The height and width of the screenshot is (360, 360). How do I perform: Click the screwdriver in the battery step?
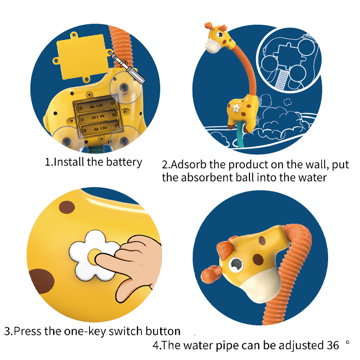(x=126, y=67)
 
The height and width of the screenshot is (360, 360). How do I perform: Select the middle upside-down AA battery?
(x=98, y=117)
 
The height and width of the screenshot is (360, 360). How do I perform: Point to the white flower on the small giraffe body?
(x=236, y=108)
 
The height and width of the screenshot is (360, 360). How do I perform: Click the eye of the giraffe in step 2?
(x=220, y=35)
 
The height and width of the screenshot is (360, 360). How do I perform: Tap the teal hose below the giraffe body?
(x=240, y=135)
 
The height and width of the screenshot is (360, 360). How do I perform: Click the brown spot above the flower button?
(x=67, y=207)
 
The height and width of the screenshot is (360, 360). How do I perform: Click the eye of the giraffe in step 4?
(x=236, y=265)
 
